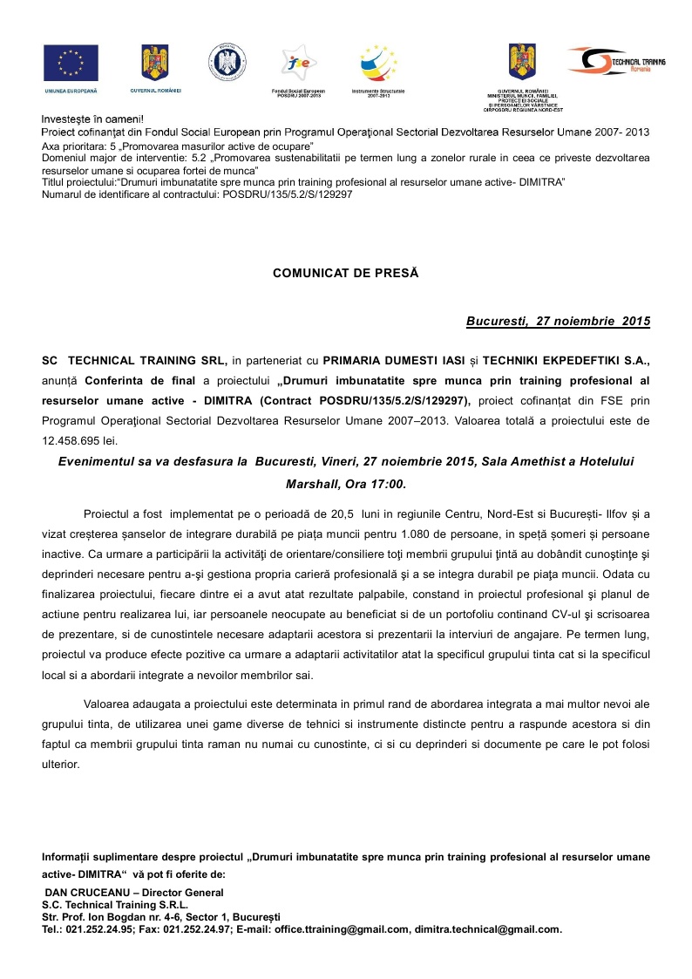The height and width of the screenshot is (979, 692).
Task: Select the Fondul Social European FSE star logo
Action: pyautogui.click(x=298, y=63)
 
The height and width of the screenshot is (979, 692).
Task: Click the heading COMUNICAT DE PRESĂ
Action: pyautogui.click(x=346, y=273)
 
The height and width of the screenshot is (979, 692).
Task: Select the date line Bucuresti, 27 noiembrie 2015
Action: pyautogui.click(x=558, y=322)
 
